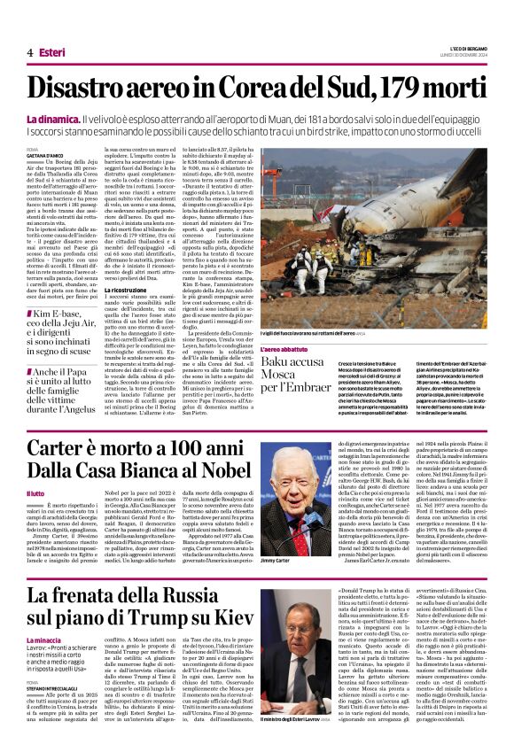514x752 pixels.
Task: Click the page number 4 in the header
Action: coord(29,53)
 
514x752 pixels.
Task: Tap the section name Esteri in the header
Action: coord(52,53)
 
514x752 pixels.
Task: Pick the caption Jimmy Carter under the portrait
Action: coord(276,562)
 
